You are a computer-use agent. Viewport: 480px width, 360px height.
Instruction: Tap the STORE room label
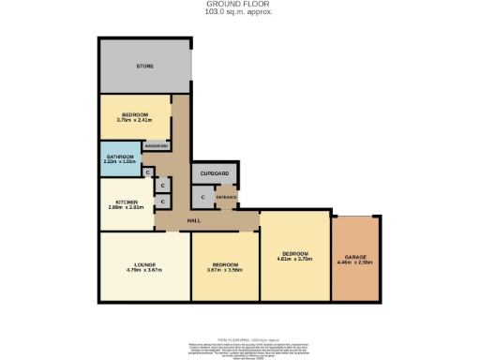[144, 67]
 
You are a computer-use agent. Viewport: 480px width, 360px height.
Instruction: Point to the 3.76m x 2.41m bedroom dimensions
[134, 119]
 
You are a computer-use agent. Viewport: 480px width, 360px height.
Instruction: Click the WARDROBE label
[156, 145]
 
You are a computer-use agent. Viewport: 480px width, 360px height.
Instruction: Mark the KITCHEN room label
[127, 202]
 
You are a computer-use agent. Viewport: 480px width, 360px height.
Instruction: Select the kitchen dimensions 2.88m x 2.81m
[127, 208]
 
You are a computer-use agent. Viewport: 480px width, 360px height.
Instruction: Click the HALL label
[194, 220]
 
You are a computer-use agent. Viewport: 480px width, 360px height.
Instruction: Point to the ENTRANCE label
[227, 197]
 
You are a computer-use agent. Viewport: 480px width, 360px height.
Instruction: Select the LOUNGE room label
[143, 264]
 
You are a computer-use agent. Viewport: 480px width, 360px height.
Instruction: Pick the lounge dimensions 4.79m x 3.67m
[143, 271]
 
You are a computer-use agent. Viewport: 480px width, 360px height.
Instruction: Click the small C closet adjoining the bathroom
[148, 172]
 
